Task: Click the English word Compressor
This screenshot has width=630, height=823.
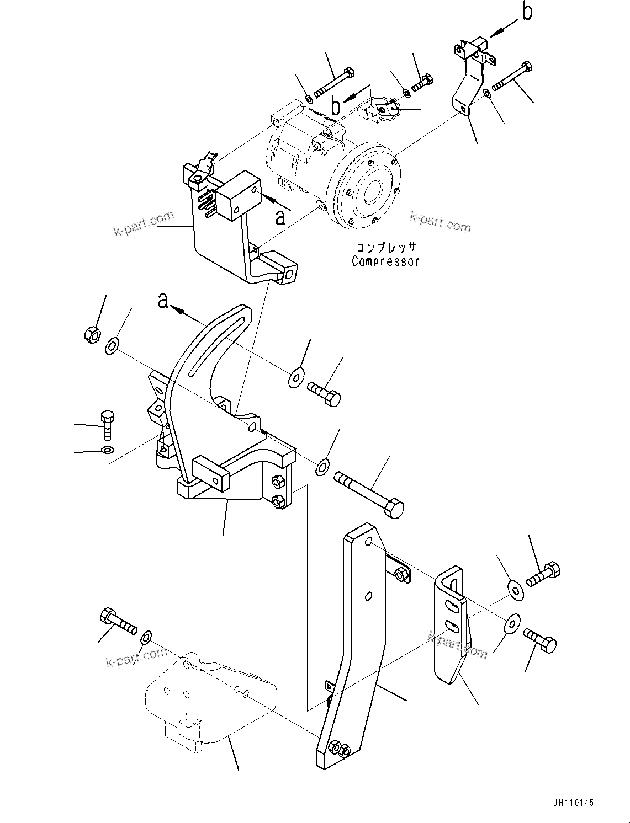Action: click(x=385, y=261)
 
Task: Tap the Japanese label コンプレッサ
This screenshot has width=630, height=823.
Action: click(x=385, y=248)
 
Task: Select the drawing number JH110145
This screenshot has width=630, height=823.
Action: click(x=571, y=803)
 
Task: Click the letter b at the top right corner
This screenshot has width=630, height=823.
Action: click(x=527, y=12)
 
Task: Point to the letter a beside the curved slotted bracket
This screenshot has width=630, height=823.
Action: click(x=163, y=301)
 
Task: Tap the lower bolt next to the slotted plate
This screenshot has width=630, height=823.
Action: click(x=539, y=640)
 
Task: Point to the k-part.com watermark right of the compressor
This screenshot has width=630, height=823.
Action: click(x=440, y=223)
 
